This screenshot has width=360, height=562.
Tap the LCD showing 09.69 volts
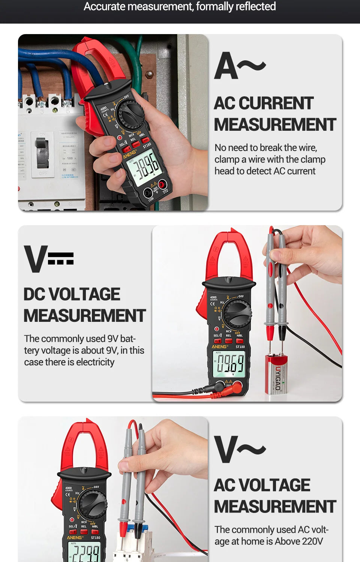point(228,364)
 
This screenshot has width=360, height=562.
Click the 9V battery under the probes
point(276,375)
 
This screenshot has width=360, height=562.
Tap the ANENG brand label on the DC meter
point(219,347)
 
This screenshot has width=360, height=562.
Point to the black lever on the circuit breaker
point(42,152)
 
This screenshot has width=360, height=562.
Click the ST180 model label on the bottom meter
point(96,538)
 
